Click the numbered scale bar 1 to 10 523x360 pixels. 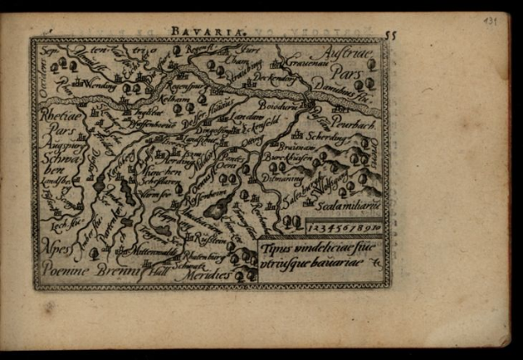pyautogui.click(x=343, y=227)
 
